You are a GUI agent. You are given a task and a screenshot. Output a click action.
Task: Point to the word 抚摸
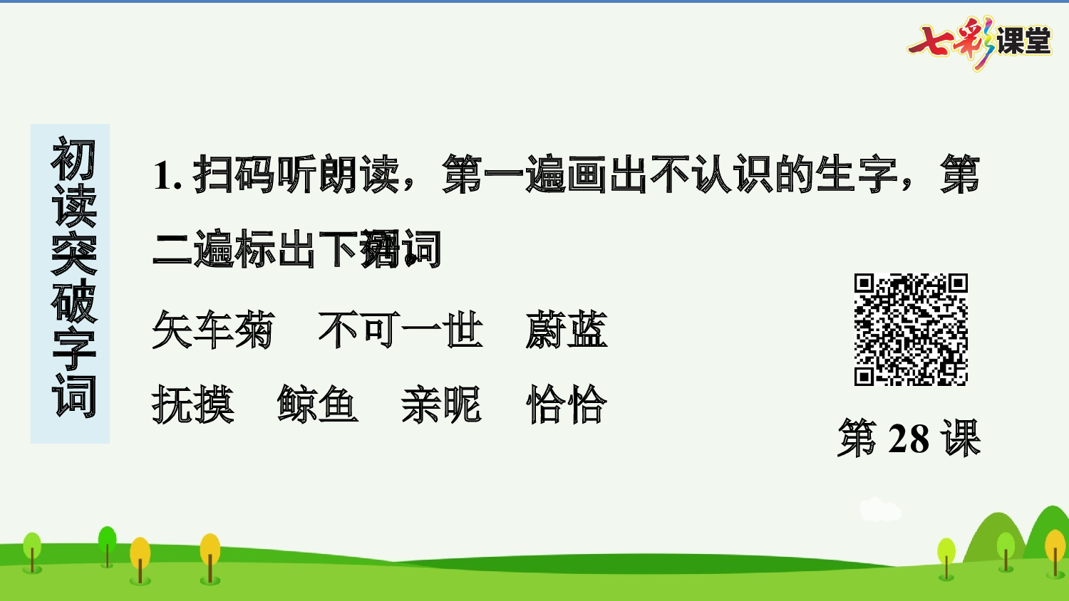[x=192, y=404]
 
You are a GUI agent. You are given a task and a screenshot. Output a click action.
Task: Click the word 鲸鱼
[x=318, y=404]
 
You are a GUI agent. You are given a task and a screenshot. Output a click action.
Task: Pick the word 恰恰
[x=567, y=404]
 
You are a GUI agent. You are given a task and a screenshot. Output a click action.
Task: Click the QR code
[x=911, y=330]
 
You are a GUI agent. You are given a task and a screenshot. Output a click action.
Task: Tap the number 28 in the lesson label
[x=909, y=439]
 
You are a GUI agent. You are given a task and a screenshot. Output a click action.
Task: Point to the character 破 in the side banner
[x=73, y=301]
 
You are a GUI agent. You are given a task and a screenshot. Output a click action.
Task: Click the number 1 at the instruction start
[x=162, y=175]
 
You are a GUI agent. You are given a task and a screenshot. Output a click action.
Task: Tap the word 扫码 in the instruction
[x=234, y=174]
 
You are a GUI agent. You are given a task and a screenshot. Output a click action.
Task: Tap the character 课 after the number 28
[x=961, y=439]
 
